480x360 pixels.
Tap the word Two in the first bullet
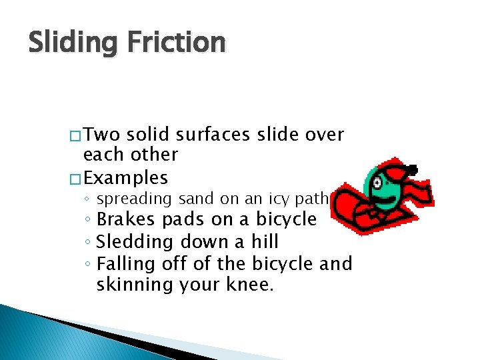(101, 135)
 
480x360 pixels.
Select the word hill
(261, 241)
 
